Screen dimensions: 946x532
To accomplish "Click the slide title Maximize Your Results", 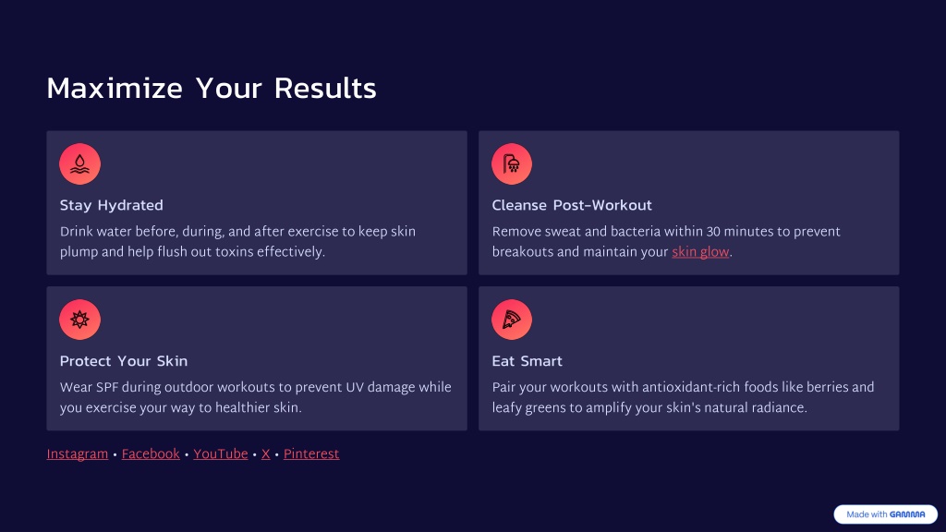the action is [x=212, y=88].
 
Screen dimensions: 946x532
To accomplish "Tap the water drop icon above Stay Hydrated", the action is [x=79, y=164].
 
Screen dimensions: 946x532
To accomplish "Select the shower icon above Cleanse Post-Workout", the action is [x=512, y=164].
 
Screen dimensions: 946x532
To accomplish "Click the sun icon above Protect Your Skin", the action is [x=79, y=320].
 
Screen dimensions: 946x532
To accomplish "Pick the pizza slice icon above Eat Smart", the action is [x=512, y=320].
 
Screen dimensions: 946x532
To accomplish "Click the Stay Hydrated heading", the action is [x=112, y=206].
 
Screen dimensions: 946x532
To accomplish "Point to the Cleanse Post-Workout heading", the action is [x=572, y=206].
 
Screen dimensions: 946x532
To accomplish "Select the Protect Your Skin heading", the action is [x=124, y=361].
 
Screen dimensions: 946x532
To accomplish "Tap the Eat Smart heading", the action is [x=528, y=361].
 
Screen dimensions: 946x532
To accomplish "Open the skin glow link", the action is [x=700, y=252].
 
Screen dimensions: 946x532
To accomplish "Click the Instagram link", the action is [x=78, y=454].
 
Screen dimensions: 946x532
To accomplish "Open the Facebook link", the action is [x=151, y=454].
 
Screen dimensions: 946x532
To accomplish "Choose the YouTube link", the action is [x=221, y=454].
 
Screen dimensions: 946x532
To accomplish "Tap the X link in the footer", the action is [x=265, y=454].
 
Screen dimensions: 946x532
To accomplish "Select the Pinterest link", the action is [x=311, y=454].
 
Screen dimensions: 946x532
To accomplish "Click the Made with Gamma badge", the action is [x=886, y=514].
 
